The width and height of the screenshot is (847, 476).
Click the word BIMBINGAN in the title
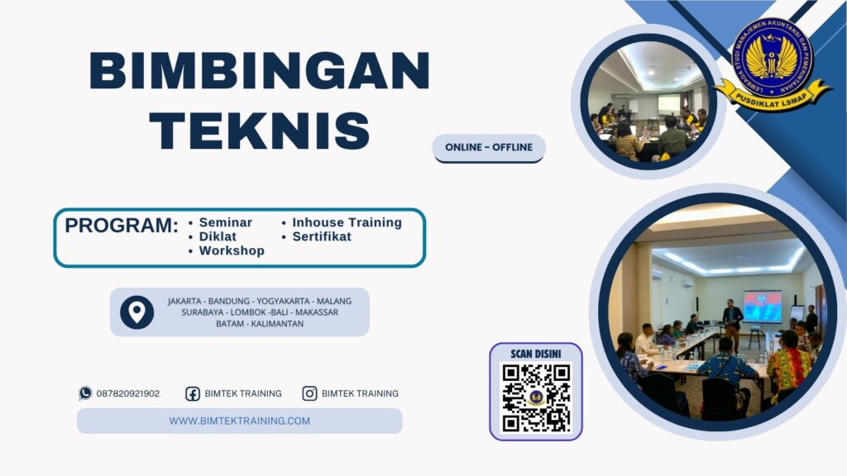click(259, 71)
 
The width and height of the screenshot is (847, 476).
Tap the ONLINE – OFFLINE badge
click(489, 147)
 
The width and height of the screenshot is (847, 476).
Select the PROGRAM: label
click(122, 226)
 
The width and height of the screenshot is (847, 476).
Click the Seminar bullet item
click(225, 222)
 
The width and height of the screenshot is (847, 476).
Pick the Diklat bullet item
click(218, 236)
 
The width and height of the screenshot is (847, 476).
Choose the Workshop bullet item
click(232, 250)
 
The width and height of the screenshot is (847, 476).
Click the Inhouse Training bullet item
click(347, 222)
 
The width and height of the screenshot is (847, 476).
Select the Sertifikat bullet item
click(321, 236)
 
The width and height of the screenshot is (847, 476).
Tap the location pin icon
click(136, 312)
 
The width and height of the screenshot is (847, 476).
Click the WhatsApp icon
click(85, 393)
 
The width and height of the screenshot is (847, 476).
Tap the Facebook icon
click(193, 393)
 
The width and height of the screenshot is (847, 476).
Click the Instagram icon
click(309, 393)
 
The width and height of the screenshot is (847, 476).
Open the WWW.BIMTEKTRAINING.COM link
click(240, 421)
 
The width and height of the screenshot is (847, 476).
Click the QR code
click(536, 397)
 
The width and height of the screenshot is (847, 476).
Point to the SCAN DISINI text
click(536, 354)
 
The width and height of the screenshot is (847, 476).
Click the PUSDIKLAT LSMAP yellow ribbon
click(773, 93)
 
